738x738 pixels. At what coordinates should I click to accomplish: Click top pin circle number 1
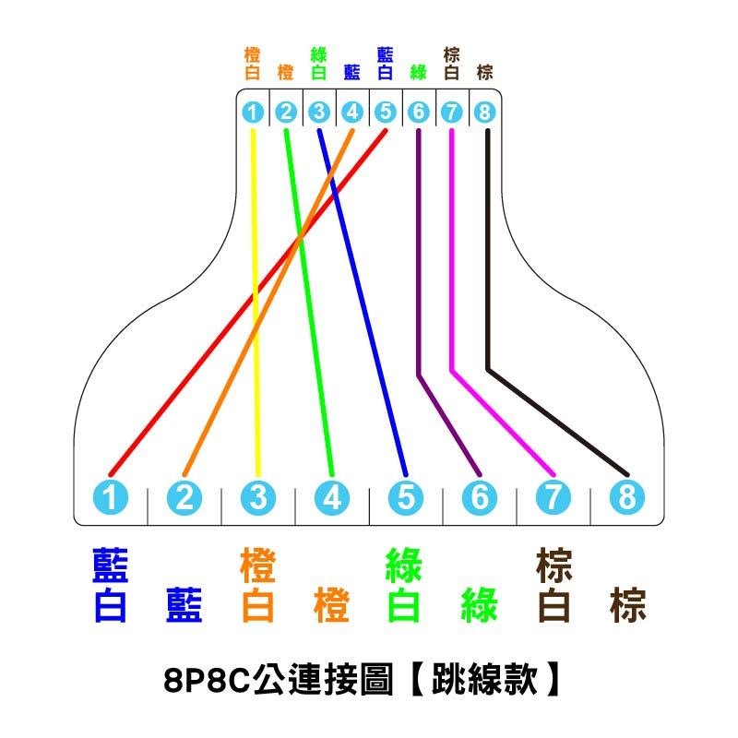click(x=252, y=113)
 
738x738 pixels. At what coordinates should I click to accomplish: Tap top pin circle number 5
click(x=385, y=113)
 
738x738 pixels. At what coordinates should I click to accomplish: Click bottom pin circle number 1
click(x=111, y=498)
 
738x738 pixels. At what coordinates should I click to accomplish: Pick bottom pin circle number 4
click(x=332, y=498)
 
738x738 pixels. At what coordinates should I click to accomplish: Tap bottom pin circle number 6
click(x=479, y=498)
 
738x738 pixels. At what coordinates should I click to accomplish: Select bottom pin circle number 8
click(x=626, y=498)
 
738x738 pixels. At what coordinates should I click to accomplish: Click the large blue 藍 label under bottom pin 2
click(x=184, y=606)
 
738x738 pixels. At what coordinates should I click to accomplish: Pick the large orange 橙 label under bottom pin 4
click(x=332, y=606)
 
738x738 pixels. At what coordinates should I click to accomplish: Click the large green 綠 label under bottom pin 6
click(x=479, y=606)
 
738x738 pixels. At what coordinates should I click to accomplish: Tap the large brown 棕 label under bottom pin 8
click(x=627, y=606)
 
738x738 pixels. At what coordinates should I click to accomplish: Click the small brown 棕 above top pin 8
click(x=484, y=72)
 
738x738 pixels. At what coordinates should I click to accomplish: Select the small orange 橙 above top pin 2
click(x=285, y=72)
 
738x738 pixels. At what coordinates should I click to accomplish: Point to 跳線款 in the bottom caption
click(x=489, y=682)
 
